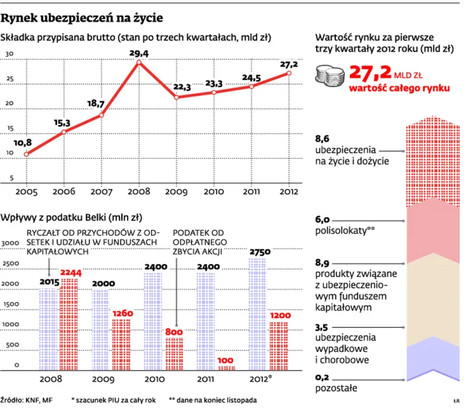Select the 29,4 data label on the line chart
pos(138,53)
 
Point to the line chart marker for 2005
pos(26,154)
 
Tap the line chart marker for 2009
pos(176,97)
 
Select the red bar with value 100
pos(226,367)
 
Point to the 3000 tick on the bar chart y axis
pos(11,244)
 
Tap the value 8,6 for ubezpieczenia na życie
pos(322,138)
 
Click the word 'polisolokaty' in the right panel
pos(342,231)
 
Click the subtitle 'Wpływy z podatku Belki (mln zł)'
pos(72,217)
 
